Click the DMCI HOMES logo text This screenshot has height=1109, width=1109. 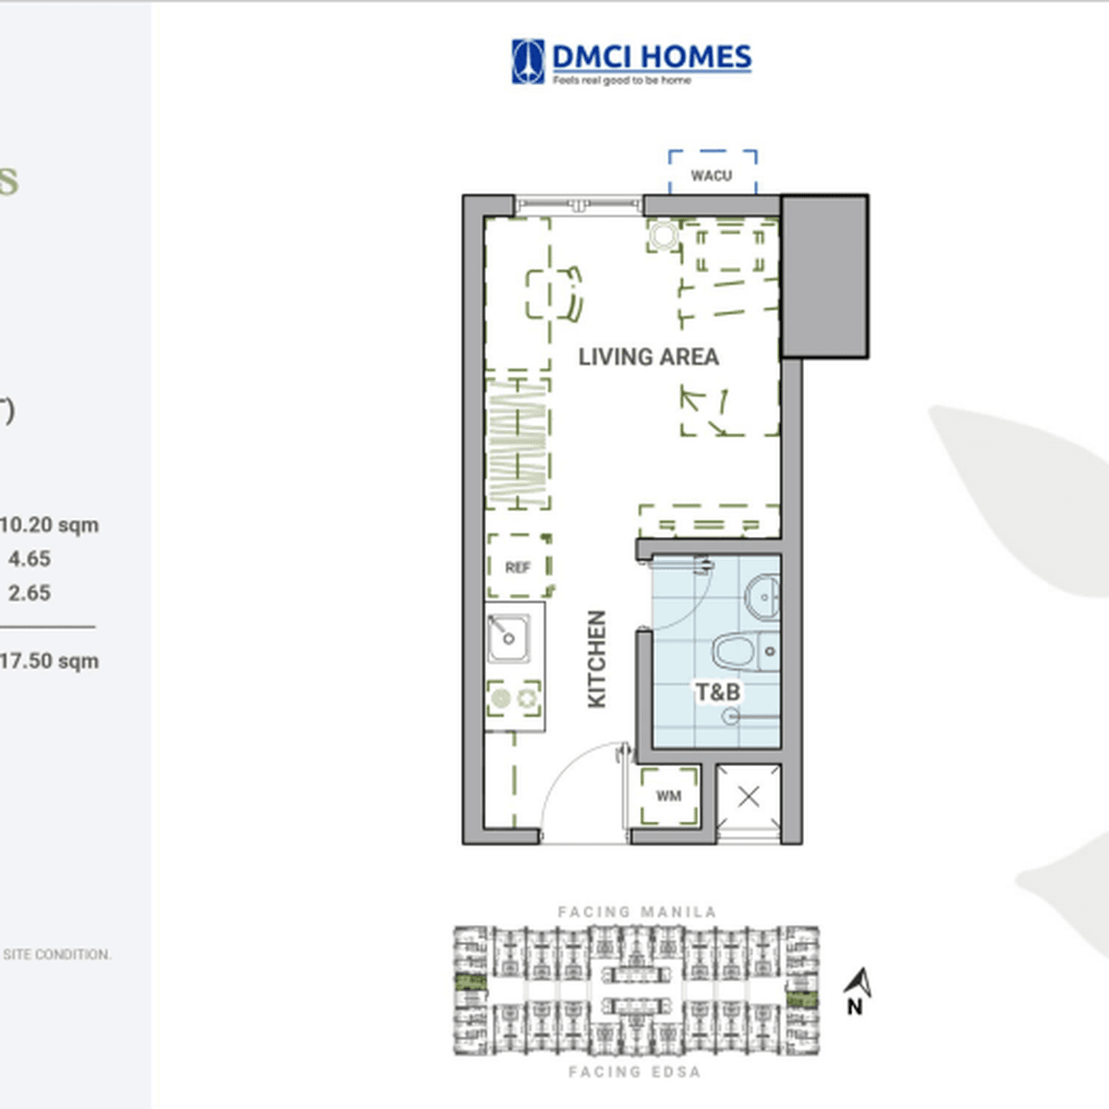coord(651,57)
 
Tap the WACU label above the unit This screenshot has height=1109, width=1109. coord(711,175)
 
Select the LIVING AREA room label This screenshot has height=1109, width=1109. coord(648,357)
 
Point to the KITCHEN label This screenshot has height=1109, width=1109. coord(597,659)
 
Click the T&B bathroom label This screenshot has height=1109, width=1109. coord(717,691)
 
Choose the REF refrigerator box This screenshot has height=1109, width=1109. coord(518,567)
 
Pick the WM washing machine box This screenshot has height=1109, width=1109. coord(668,796)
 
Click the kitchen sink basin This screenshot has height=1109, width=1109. coord(507,638)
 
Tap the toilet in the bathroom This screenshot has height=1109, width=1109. coord(739,651)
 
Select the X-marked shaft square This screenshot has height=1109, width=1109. coord(749,797)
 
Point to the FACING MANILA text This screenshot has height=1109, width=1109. coord(637,912)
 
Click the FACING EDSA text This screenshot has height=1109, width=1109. coord(634,1072)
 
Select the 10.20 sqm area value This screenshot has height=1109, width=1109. coord(49,525)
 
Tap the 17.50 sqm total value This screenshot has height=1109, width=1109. coord(49,661)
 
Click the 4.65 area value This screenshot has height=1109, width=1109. coord(30,559)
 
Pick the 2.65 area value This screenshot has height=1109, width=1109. coord(30,593)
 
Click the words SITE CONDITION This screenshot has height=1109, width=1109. coord(56,955)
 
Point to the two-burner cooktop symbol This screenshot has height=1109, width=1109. coord(515,699)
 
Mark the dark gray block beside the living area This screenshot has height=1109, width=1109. coord(824,275)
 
